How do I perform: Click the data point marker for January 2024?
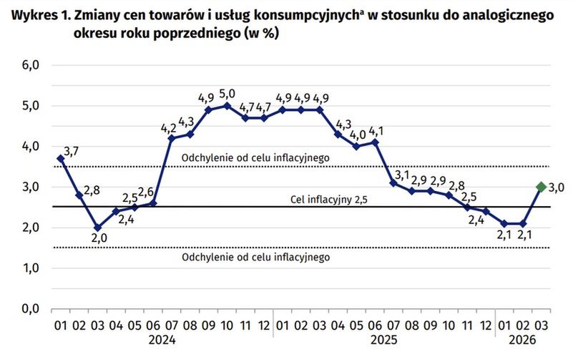[x=60, y=158]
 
